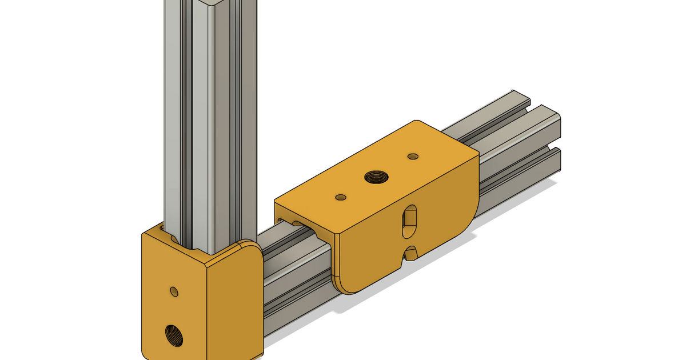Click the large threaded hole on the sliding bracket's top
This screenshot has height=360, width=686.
(x=376, y=177)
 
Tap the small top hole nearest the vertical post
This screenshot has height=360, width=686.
(x=341, y=197)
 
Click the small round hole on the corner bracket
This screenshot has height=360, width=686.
(x=174, y=291)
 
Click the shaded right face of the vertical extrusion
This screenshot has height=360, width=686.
(x=240, y=114)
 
